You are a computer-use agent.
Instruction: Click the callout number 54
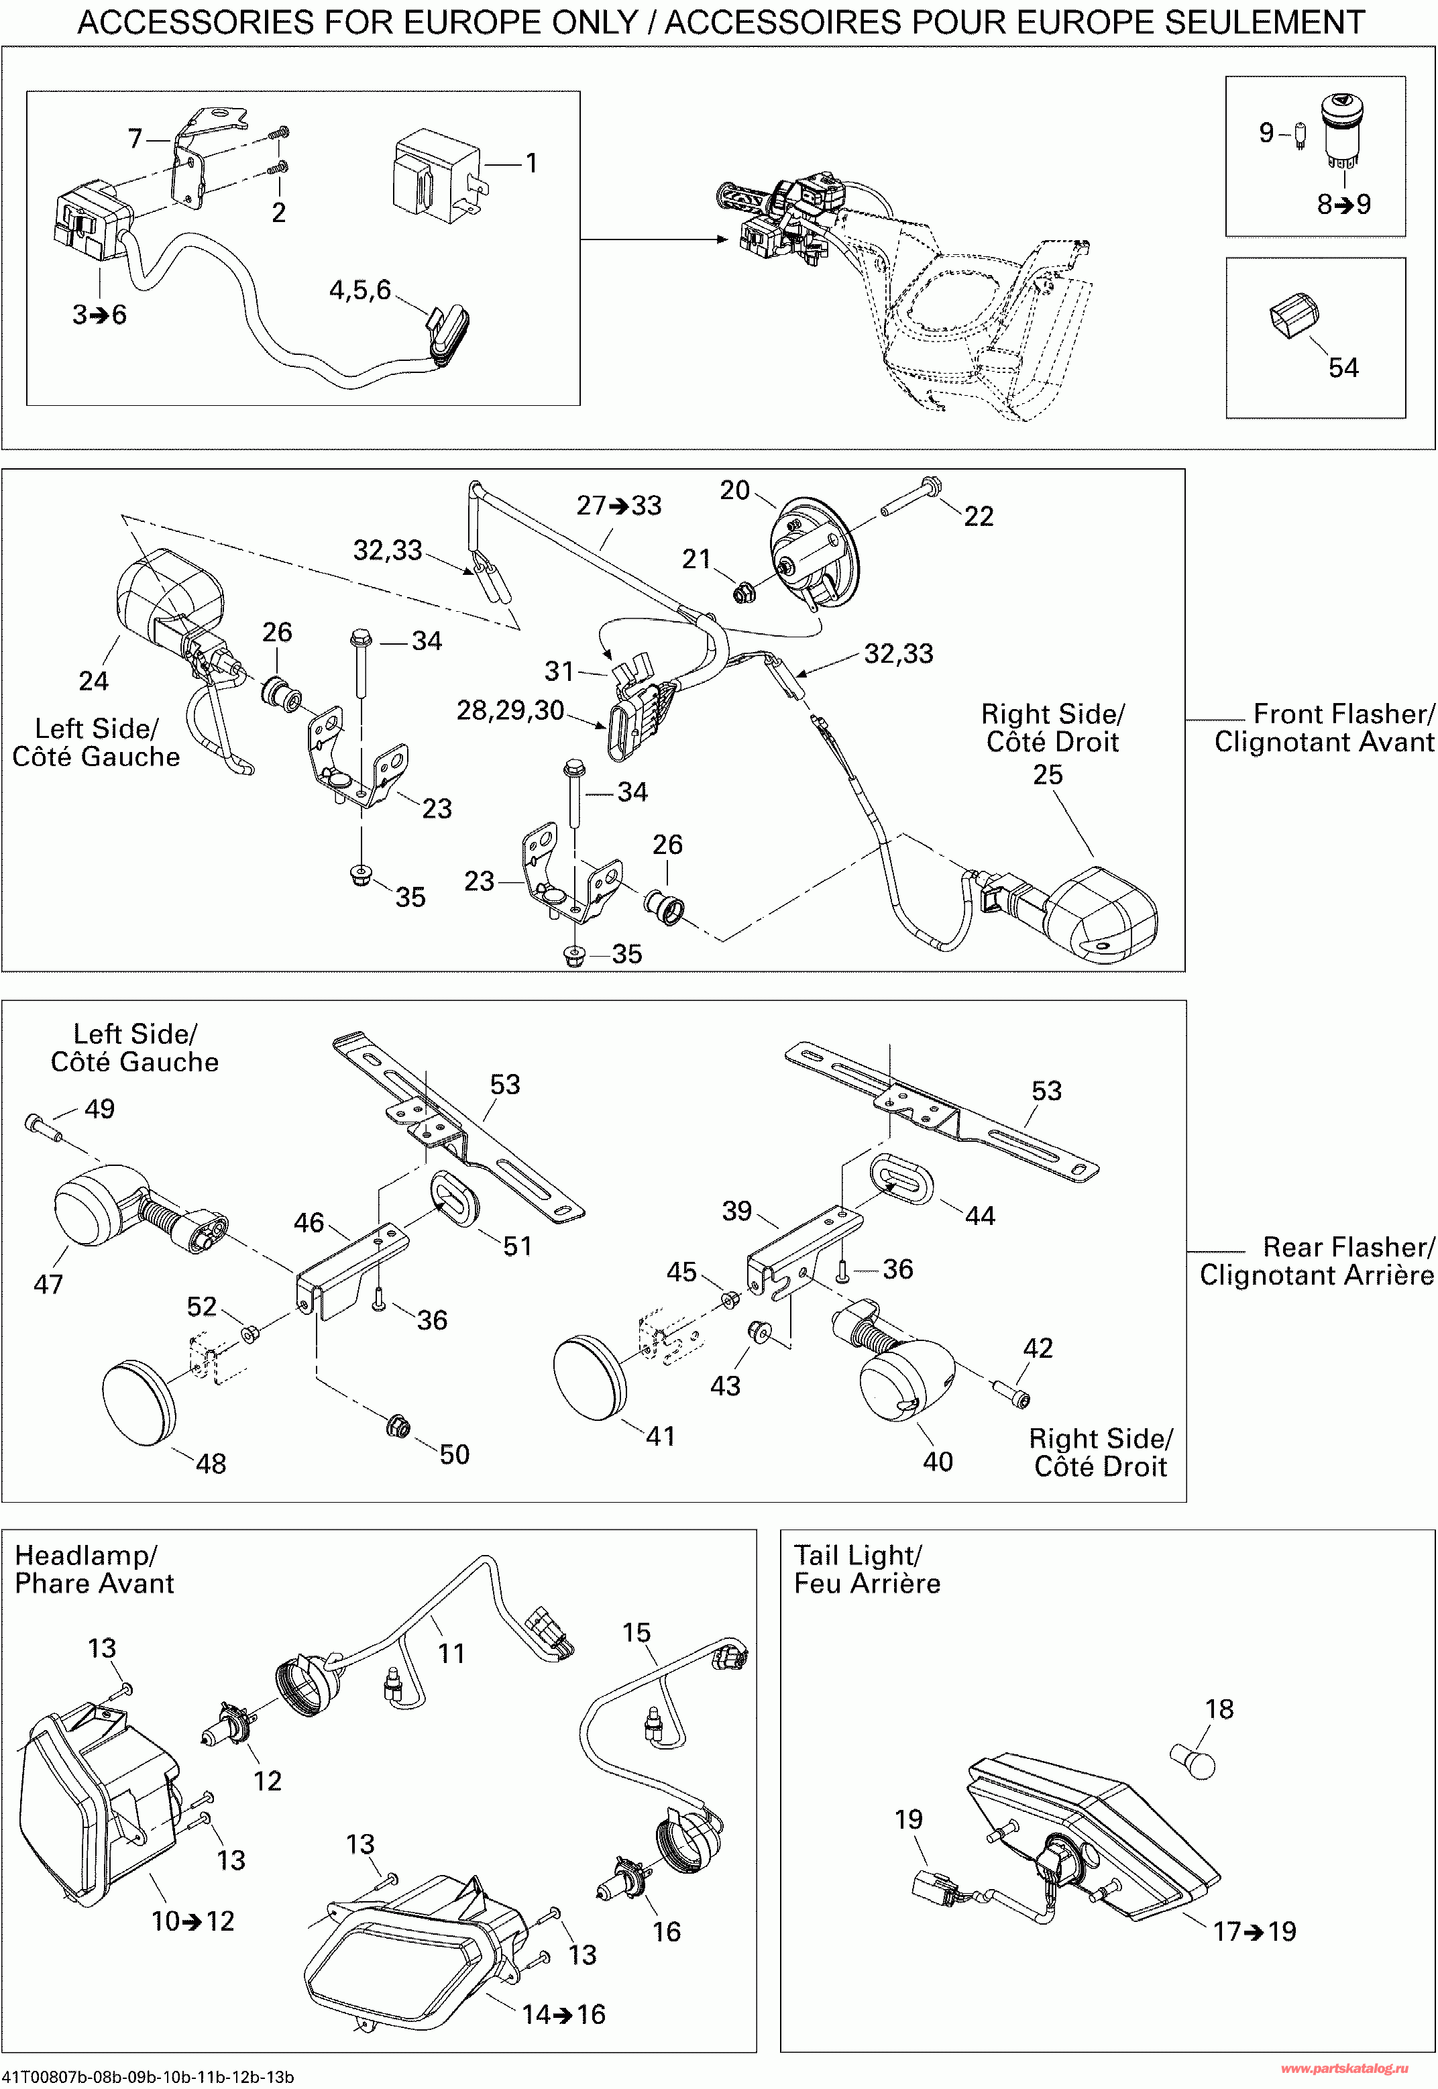tap(1343, 368)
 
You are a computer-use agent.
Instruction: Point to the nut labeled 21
tap(743, 593)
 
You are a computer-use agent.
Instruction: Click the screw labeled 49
tap(43, 1126)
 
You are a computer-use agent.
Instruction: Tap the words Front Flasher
tap(1343, 714)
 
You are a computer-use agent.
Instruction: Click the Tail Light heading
tap(857, 1556)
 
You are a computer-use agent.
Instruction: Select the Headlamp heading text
tap(87, 1556)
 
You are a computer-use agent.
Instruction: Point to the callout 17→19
tap(1254, 1931)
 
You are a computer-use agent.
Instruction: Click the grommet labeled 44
tap(902, 1177)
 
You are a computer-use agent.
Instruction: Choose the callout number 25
tap(1047, 775)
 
